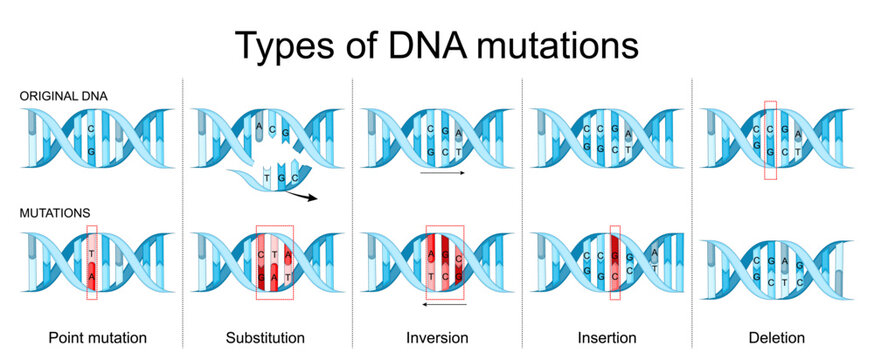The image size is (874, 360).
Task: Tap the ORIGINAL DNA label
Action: click(x=62, y=96)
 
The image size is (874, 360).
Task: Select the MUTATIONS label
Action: click(x=53, y=213)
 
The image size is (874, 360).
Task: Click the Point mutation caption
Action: click(x=91, y=338)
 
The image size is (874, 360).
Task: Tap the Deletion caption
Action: click(x=777, y=338)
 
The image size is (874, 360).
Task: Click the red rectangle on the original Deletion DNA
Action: click(x=769, y=140)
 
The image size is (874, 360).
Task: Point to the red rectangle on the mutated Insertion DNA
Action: click(x=615, y=263)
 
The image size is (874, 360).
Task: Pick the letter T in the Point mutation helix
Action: click(x=91, y=253)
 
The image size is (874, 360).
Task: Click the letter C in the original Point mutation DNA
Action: click(x=91, y=129)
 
